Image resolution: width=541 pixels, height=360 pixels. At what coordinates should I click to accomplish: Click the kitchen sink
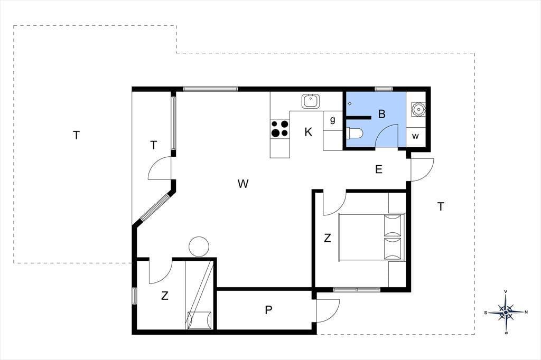pos(311,101)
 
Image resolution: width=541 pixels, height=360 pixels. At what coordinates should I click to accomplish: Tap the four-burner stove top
pos(280,128)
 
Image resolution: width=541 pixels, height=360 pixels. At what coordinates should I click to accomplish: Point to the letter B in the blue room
pos(381,114)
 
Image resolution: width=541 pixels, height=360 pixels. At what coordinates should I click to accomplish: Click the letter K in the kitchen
pos(308,132)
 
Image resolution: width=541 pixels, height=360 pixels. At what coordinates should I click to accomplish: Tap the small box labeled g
pos(333,120)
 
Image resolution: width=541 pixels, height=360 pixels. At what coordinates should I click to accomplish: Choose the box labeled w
pos(415,136)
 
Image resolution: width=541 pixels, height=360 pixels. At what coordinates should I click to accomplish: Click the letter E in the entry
pos(378,169)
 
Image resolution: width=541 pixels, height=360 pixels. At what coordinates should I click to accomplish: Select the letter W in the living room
pos(243,184)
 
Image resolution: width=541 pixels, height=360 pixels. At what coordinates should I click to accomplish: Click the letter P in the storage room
pos(268,310)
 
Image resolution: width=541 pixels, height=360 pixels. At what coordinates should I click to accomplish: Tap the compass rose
pos(506,312)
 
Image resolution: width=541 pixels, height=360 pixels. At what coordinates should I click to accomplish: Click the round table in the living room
pos(199,247)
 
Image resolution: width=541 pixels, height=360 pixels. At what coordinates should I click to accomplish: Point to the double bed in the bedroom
pos(371,237)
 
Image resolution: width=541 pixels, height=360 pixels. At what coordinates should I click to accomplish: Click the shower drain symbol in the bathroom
pos(350,103)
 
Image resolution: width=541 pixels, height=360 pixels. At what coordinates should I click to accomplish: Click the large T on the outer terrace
pos(76,135)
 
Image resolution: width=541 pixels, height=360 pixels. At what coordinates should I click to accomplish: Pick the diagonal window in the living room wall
pos(155,207)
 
